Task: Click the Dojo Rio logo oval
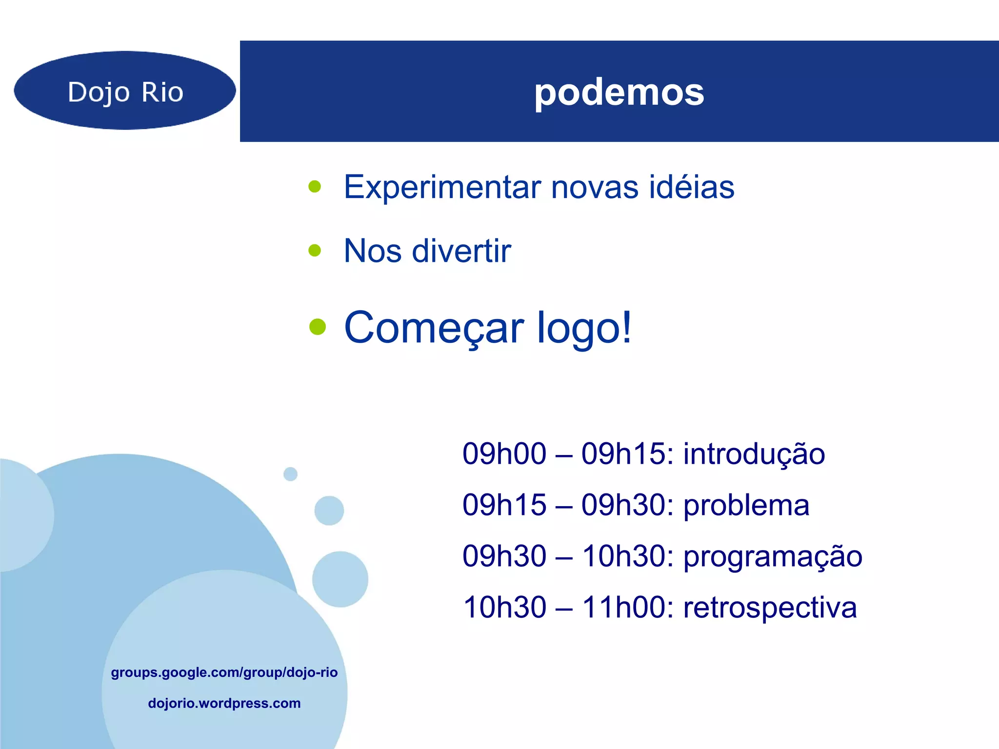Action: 125,91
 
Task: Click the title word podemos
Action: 619,93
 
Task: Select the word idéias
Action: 691,187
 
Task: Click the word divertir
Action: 461,251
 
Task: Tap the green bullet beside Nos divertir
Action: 315,251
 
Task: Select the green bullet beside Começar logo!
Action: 317,327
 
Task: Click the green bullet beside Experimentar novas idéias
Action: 315,187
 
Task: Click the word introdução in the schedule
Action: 754,454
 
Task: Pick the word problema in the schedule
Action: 746,506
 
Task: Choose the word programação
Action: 773,557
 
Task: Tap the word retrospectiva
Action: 770,608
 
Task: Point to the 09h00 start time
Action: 504,454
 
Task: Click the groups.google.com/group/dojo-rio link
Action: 224,672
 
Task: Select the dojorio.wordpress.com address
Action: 224,703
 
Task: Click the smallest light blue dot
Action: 290,474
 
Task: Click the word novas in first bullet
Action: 594,187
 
